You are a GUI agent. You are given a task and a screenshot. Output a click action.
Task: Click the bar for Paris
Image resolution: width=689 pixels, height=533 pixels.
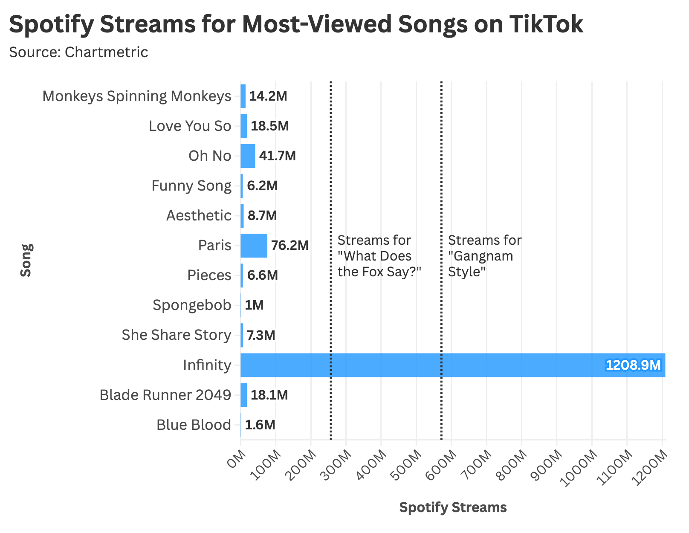coord(254,246)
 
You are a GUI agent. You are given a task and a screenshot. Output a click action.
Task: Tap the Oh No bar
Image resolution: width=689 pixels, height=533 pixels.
coord(248,156)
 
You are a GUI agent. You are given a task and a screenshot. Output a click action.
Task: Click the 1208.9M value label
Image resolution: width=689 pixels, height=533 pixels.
coord(633,365)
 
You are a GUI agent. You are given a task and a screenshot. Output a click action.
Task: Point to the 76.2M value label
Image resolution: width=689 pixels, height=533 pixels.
coord(290,246)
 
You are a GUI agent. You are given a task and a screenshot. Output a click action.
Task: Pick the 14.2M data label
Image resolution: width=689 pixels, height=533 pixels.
coord(268,96)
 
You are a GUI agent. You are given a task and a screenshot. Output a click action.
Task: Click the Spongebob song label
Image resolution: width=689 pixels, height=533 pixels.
coord(192,305)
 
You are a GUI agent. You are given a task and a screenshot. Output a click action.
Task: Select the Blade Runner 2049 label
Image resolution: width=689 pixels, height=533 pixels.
coord(165,395)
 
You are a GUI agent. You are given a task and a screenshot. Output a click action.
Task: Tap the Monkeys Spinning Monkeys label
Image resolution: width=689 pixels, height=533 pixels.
coord(137,96)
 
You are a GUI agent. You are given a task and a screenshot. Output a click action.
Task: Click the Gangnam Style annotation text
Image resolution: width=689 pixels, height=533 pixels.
coord(484,256)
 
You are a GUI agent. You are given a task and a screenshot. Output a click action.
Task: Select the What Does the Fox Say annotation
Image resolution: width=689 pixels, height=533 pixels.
coord(379,256)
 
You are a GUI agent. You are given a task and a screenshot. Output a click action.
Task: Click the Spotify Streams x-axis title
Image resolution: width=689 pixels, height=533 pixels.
coord(453,507)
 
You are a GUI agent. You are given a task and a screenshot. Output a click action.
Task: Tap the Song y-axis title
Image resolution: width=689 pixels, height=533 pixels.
coord(26,260)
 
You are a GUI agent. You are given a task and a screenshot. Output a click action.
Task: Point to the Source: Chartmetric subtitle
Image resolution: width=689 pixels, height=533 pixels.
coord(78,52)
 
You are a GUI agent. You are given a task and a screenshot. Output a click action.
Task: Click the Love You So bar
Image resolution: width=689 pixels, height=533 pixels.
coord(244,126)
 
